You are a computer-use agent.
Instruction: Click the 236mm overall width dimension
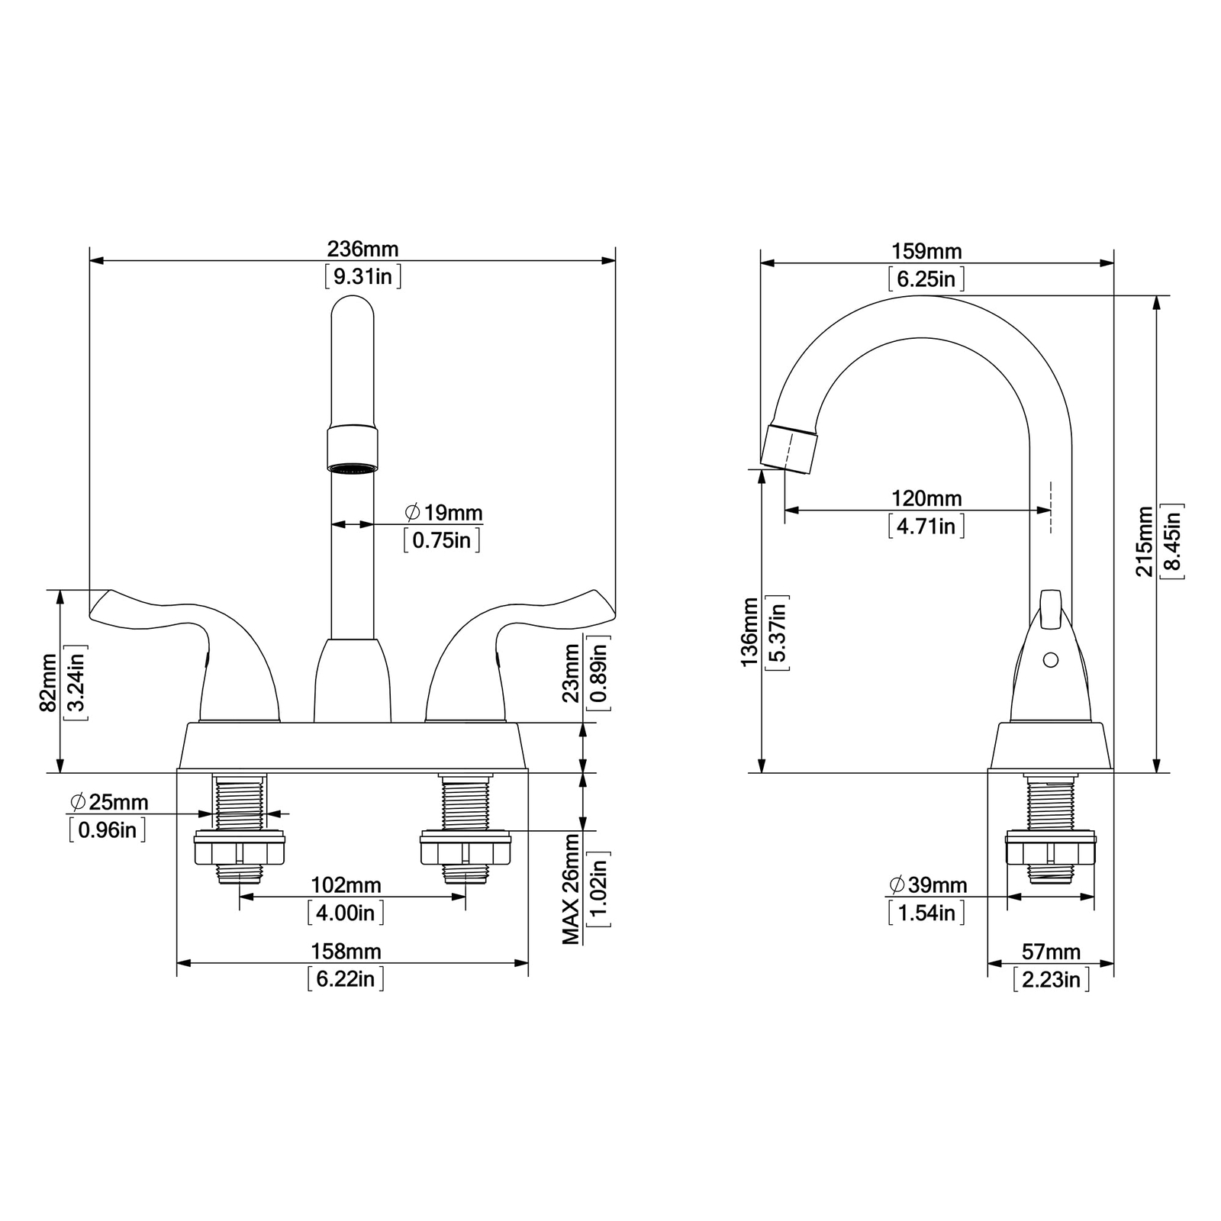363,249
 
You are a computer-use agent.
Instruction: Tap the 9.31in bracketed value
363,275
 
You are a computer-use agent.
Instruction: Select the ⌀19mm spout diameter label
443,512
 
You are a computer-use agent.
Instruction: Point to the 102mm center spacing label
346,885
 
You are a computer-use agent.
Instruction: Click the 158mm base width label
346,952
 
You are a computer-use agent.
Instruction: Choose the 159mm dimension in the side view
926,251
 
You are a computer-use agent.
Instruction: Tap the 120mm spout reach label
926,498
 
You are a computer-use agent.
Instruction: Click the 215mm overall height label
1145,541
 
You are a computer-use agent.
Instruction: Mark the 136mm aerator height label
750,633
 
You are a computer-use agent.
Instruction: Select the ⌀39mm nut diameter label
928,885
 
